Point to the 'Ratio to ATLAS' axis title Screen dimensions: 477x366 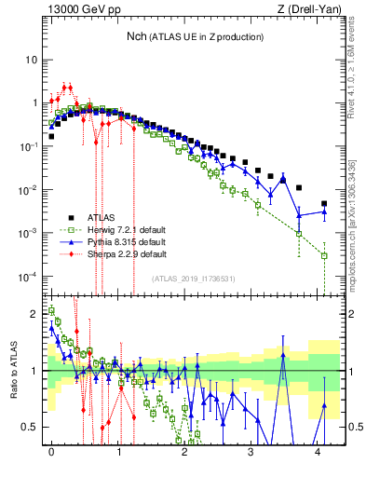tap(12, 370)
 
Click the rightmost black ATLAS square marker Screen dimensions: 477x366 tap(324, 203)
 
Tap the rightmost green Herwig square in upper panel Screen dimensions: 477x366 tap(324, 255)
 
